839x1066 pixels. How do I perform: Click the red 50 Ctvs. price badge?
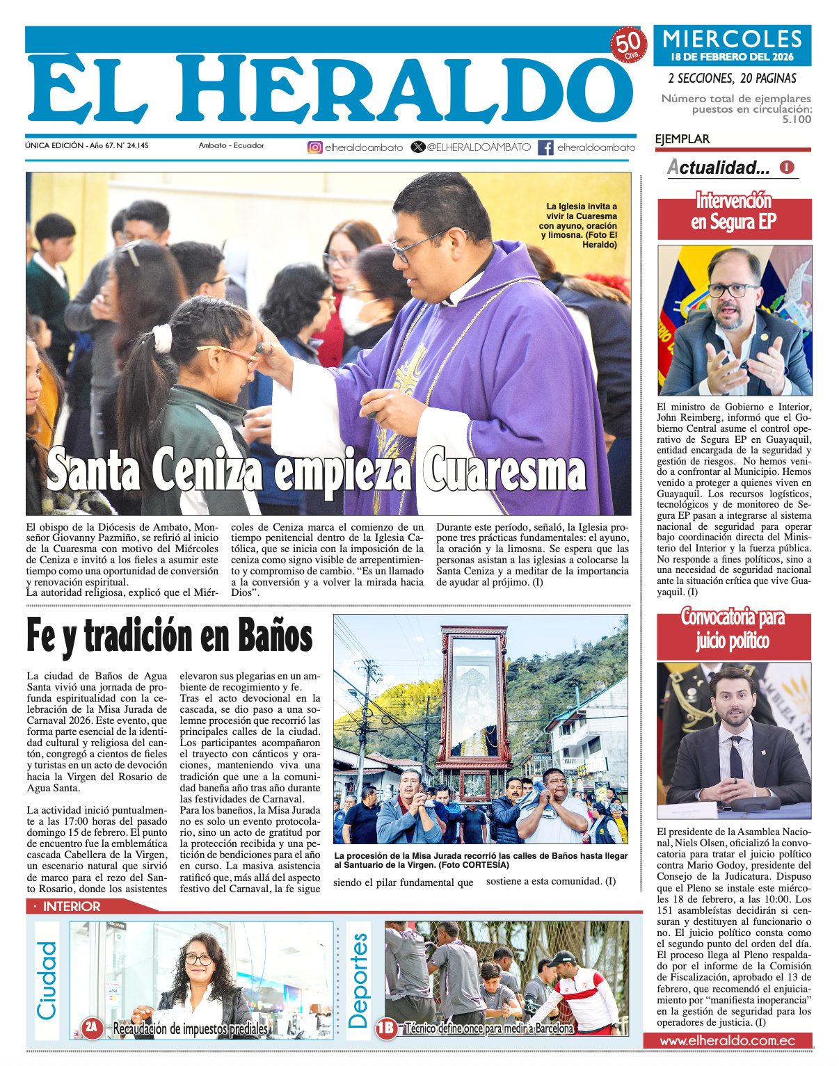point(628,45)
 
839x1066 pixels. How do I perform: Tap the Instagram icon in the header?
point(315,147)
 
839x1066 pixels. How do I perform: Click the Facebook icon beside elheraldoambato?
point(546,147)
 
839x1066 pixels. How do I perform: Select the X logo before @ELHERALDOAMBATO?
point(417,147)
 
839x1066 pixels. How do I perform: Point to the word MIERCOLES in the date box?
point(733,40)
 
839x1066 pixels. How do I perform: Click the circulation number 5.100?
point(796,120)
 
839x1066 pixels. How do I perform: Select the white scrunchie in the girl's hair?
point(162,338)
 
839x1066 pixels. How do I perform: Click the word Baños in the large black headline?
point(275,636)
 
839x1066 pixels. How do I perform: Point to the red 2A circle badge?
point(92,1027)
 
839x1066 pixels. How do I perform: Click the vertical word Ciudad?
point(47,980)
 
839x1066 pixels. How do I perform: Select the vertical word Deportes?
point(358,980)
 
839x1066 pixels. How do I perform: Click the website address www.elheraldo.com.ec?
point(727,1041)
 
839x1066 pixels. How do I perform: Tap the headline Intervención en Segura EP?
point(734,211)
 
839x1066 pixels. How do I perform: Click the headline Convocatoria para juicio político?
point(733,629)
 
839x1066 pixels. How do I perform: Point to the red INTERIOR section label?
point(72,906)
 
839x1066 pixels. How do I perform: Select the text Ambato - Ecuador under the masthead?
point(231,146)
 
